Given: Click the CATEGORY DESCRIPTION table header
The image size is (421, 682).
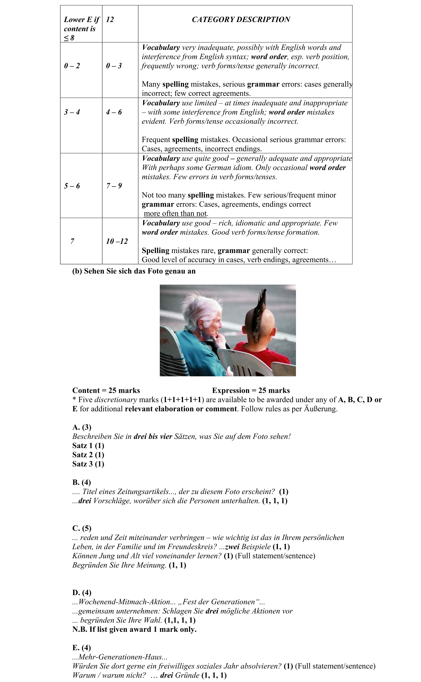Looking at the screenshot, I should click(x=241, y=19).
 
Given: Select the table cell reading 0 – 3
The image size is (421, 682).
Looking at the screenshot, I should click(x=114, y=66).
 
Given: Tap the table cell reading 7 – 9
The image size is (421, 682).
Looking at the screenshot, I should click(x=114, y=186).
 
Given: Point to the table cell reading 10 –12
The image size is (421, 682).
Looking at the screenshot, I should click(x=117, y=241).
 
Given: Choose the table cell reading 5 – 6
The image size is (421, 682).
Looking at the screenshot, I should click(x=72, y=186).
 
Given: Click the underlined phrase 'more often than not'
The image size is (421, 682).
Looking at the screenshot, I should click(x=176, y=214).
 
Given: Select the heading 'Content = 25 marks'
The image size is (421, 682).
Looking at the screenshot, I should click(x=106, y=390).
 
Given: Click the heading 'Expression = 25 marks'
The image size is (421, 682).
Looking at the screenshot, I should click(x=251, y=390).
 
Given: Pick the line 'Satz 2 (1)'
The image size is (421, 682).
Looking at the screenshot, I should click(x=88, y=455).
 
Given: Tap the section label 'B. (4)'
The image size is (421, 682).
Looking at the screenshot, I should click(x=82, y=482).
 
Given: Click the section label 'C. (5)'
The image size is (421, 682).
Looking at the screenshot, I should click(x=82, y=528).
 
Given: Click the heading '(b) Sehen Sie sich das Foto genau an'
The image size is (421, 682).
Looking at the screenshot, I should click(x=134, y=271).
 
